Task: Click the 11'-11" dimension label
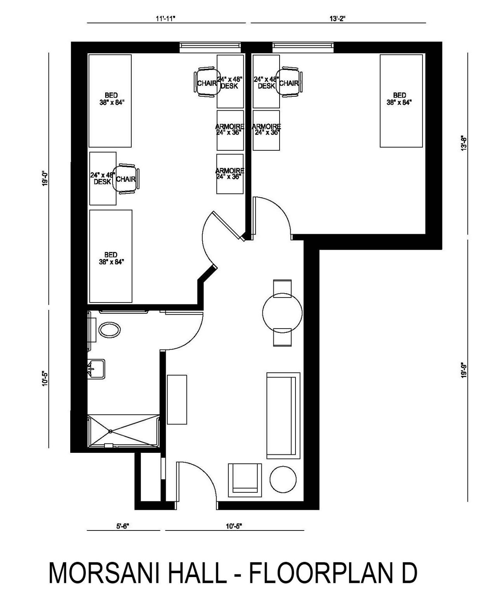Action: coord(165,19)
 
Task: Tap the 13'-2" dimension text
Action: coord(337,19)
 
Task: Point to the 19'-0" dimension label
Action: coord(45,179)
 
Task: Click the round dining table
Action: coord(282,313)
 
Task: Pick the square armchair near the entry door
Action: coord(245,480)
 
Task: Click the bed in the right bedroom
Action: coord(401,101)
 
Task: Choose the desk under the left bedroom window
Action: coord(230,81)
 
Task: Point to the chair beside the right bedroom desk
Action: coord(289,82)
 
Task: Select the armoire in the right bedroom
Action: coord(266,130)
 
